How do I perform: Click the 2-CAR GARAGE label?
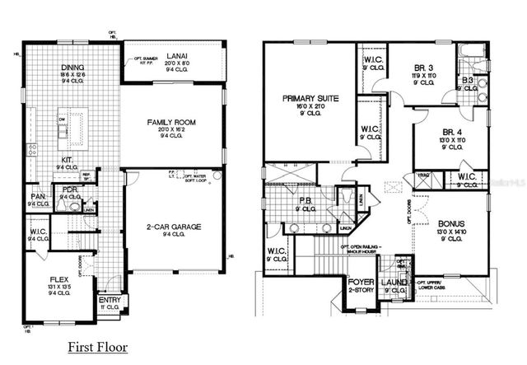[175, 226]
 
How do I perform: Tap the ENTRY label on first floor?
[110, 301]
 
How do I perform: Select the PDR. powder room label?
[70, 190]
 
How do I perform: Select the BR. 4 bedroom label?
[450, 132]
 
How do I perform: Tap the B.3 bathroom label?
[467, 80]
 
